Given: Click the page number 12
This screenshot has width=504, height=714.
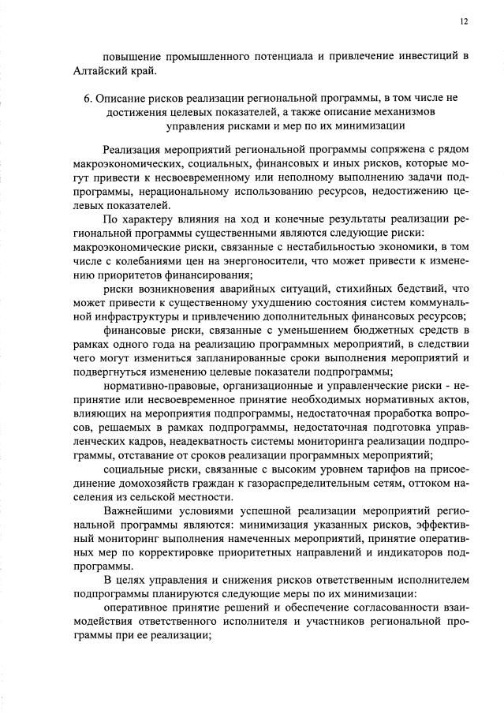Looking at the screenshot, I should point(465,21).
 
